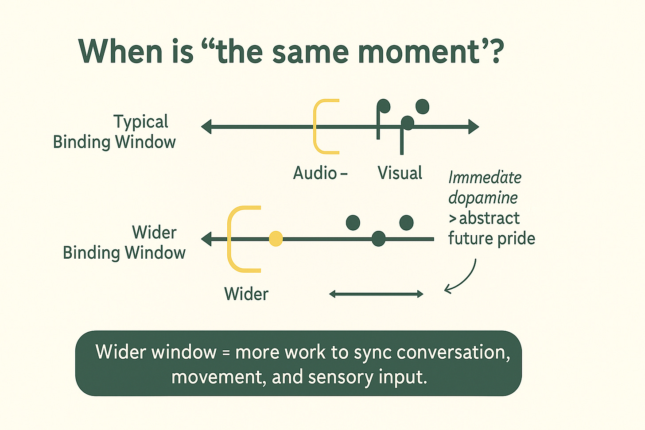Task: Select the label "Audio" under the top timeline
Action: pos(315,173)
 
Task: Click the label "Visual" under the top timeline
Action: pos(400,173)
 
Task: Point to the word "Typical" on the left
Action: pos(141,122)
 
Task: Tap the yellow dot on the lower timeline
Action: pos(276,239)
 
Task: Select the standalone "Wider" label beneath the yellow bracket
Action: pos(246,294)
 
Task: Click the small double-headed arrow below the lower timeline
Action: pos(376,294)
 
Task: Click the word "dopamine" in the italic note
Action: pos(483,198)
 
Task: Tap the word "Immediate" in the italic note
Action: pos(485,178)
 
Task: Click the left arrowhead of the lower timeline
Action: pos(206,239)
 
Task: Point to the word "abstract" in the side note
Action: pos(489,218)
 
